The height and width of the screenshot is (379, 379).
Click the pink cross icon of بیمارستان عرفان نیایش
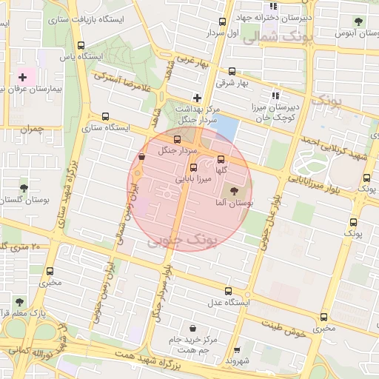pyautogui.click(x=23, y=77)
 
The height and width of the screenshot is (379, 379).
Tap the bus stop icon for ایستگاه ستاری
pyautogui.click(x=105, y=116)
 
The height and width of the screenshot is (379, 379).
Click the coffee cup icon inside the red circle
pyautogui.click(x=141, y=156)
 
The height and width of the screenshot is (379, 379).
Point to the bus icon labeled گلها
pyautogui.click(x=220, y=160)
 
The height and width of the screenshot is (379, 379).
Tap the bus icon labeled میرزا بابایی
pyautogui.click(x=194, y=167)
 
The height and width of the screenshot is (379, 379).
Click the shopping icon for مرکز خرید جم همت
pyautogui.click(x=193, y=328)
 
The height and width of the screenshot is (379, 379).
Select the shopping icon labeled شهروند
pyautogui.click(x=237, y=350)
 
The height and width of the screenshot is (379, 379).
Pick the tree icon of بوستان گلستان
pyautogui.click(x=24, y=188)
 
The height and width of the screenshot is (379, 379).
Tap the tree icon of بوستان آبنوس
pyautogui.click(x=359, y=21)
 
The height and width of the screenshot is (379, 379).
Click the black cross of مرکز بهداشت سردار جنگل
pyautogui.click(x=197, y=97)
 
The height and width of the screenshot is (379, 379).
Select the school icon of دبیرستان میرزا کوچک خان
pyautogui.click(x=275, y=95)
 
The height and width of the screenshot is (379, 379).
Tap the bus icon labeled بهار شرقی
pyautogui.click(x=232, y=72)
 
